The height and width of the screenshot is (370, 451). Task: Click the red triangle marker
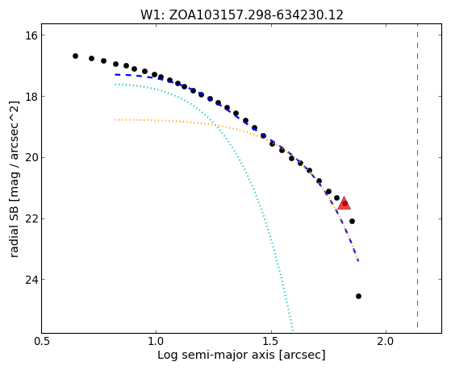click(x=345, y=204)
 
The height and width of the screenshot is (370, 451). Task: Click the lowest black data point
click(x=358, y=296)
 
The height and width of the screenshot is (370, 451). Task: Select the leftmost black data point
click(x=75, y=56)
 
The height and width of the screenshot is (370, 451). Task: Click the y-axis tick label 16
click(x=31, y=35)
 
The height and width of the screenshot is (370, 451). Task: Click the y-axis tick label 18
click(x=31, y=97)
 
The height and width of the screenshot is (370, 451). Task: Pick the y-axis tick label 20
click(x=31, y=158)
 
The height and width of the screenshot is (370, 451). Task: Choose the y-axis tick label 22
click(x=31, y=218)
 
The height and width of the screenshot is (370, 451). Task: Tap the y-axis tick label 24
click(x=31, y=280)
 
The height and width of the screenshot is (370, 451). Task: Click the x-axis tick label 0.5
click(x=42, y=341)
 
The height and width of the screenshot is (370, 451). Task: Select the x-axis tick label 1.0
click(x=157, y=341)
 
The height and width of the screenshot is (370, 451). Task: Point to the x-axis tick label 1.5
click(x=271, y=341)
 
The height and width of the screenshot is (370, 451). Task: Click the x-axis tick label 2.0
click(x=386, y=341)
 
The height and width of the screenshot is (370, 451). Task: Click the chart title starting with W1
click(x=241, y=15)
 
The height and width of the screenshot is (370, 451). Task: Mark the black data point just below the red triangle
click(x=352, y=221)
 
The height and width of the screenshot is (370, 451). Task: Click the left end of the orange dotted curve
click(x=115, y=119)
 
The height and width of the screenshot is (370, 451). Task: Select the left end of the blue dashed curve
click(x=115, y=75)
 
